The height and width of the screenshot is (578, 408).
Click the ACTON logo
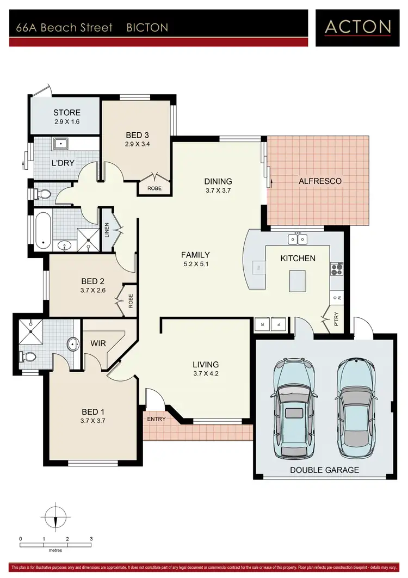tap(358, 27)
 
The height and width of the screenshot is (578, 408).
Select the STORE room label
tap(66, 113)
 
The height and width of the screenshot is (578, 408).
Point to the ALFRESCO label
tap(320, 181)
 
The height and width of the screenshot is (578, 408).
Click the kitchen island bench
tap(298, 280)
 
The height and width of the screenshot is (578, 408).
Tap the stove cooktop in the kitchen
tap(337, 268)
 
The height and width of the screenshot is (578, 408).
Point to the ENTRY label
tap(157, 420)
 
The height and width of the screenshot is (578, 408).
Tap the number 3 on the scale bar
tap(91, 539)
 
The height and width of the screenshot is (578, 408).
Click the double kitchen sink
tap(298, 239)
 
